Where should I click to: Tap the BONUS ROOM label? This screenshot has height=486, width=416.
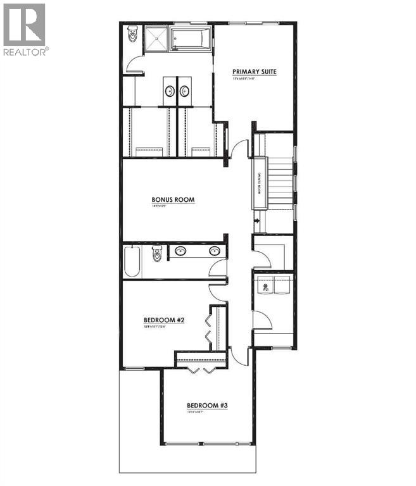172,199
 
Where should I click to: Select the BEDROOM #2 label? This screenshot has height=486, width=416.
163,320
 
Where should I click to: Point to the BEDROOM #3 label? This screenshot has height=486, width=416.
206,405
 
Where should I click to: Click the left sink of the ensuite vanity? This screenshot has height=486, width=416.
170,91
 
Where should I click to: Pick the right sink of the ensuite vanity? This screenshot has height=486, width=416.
185,91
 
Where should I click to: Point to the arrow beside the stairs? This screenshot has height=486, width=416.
256,221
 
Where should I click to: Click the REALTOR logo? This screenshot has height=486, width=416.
24,29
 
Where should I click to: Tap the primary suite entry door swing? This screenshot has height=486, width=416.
237,151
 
